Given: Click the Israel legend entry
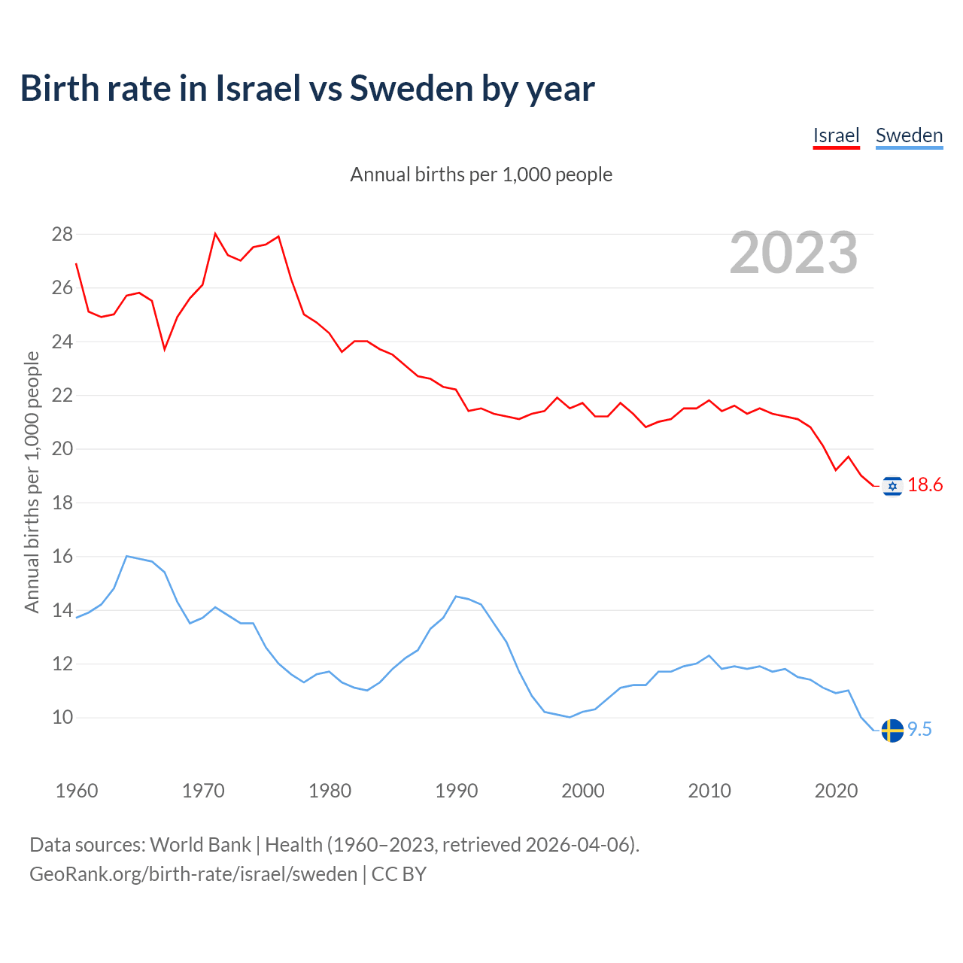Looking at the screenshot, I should [x=836, y=135].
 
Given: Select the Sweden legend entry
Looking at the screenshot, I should [x=909, y=135].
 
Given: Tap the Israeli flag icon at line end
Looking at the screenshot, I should [x=892, y=486].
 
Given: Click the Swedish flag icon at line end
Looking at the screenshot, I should [x=892, y=730].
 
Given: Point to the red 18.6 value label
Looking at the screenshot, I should [x=925, y=485].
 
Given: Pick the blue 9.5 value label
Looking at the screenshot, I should [x=919, y=730].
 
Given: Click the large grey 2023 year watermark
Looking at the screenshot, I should [x=794, y=253].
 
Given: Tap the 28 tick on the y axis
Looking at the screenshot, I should [x=62, y=235].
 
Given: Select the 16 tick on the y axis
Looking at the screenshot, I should [x=62, y=557].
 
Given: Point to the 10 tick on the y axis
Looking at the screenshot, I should [x=62, y=718].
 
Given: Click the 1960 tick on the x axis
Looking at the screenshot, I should [x=77, y=791].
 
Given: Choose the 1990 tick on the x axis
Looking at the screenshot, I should [x=457, y=791].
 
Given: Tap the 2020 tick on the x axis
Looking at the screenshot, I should [x=836, y=791].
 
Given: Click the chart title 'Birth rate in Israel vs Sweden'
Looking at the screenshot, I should [x=307, y=88].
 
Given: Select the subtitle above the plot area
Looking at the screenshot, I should [x=481, y=175].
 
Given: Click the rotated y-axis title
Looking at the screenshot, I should [x=32, y=481].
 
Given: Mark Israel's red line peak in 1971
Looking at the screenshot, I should [x=215, y=234].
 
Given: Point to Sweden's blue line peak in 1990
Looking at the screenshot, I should [x=456, y=597].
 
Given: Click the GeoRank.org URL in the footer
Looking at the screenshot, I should [x=193, y=874].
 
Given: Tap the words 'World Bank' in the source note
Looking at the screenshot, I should [x=200, y=845].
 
